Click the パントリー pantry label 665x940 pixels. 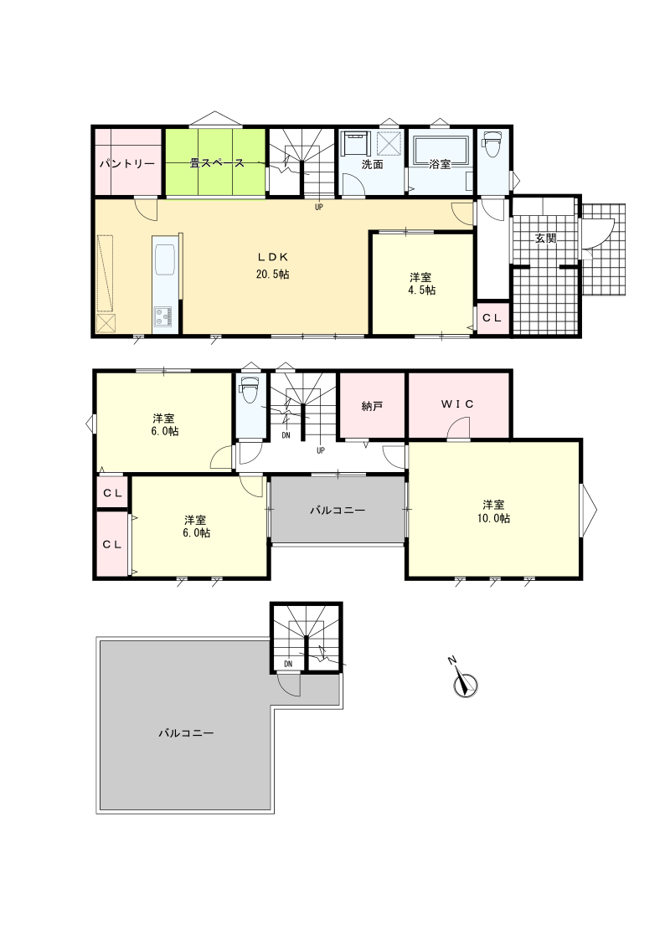point(126,164)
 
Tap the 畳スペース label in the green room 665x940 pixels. point(217,162)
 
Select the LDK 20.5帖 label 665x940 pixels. point(273,265)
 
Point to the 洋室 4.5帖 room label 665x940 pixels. point(422,284)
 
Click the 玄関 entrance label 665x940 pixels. point(546,238)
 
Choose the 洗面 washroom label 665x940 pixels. point(372,164)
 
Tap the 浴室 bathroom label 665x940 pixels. point(440,164)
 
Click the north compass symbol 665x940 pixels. point(464,681)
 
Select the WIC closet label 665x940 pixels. point(457,404)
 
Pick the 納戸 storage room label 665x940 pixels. point(372,407)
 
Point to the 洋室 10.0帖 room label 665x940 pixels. point(493,511)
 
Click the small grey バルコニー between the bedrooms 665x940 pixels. point(338,510)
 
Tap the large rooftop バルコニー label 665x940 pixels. point(186,732)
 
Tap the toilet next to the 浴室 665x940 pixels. point(492,144)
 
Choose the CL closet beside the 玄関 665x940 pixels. point(492,318)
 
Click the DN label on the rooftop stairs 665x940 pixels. point(288,664)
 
